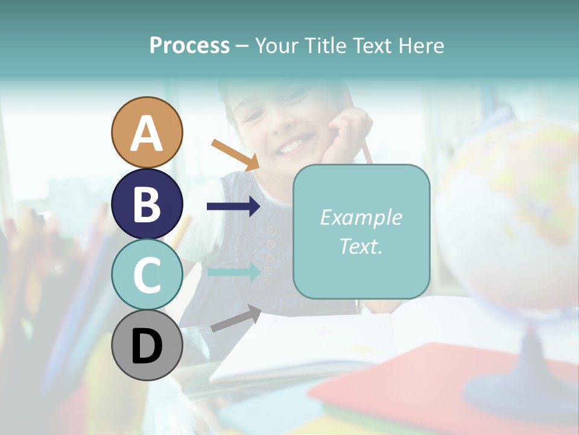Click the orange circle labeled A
pos(147,132)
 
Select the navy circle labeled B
pos(147,204)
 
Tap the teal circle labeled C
pos(147,274)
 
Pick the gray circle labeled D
pos(147,345)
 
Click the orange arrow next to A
pos(235,154)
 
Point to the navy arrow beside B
pos(233,207)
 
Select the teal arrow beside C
pos(233,272)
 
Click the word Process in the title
pos(189,45)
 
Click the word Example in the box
pos(361,217)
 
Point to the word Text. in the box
pos(361,246)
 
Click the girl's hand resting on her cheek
pos(347,136)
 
